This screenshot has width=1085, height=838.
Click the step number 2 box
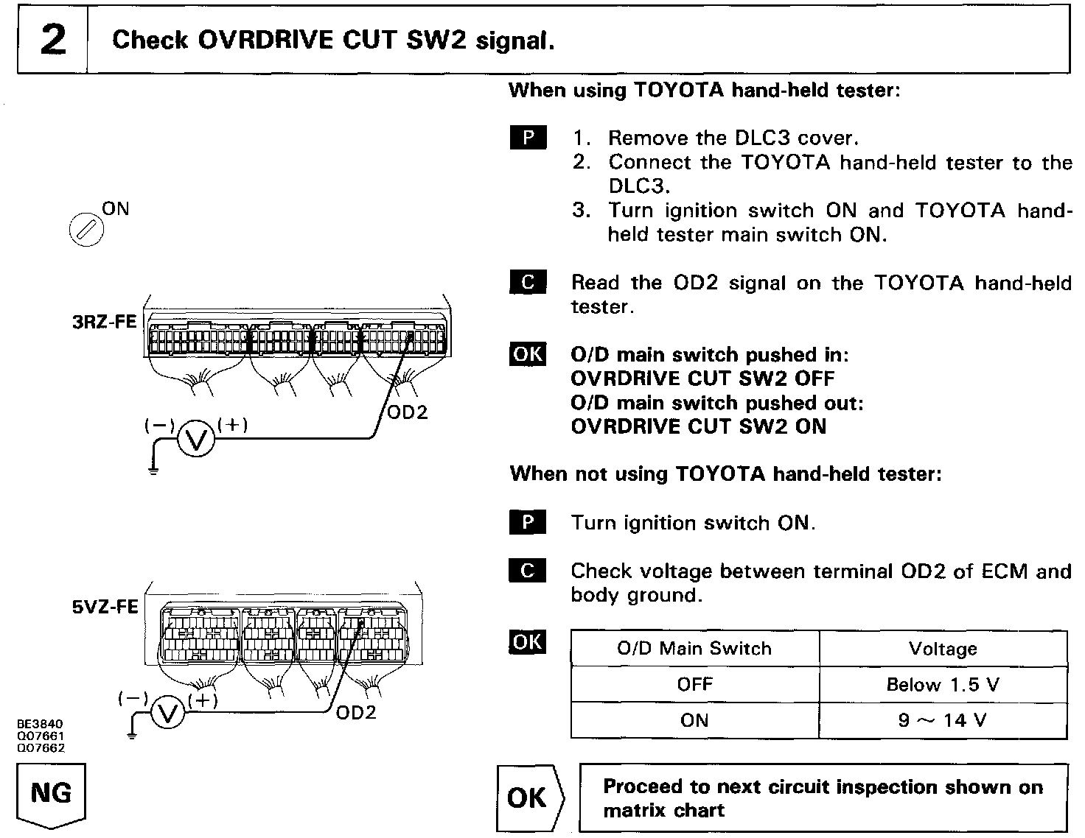(x=52, y=40)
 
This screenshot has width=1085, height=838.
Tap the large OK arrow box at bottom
(x=528, y=797)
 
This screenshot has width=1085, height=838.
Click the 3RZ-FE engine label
(x=104, y=322)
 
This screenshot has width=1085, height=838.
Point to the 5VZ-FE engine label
(x=105, y=607)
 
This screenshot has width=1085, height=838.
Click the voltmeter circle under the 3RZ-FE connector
(x=196, y=440)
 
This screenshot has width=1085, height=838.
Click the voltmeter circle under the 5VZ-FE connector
(x=169, y=714)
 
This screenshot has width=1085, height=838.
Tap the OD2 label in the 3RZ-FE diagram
(x=407, y=412)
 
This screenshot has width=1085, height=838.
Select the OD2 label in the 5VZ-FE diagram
(x=356, y=712)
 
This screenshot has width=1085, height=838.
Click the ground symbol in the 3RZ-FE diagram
(x=153, y=469)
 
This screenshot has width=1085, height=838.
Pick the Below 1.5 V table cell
(x=943, y=685)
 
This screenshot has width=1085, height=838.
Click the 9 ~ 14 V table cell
(x=943, y=720)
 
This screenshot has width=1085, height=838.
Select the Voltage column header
(x=943, y=649)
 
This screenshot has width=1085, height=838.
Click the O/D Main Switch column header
(x=694, y=649)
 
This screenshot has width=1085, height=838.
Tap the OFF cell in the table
(x=694, y=685)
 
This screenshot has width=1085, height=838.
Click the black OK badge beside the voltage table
(x=528, y=642)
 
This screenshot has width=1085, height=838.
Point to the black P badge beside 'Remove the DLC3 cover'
(x=528, y=138)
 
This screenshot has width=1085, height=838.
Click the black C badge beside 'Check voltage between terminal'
(x=528, y=571)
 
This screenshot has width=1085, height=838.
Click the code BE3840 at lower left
(x=41, y=725)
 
